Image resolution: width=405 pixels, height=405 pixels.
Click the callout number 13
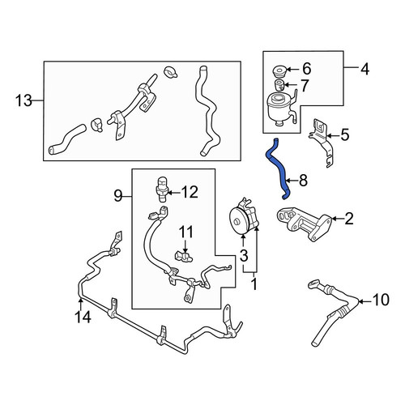click(23, 101)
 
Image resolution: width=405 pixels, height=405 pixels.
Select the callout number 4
click(364, 70)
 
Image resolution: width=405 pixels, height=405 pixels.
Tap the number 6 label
click(307, 69)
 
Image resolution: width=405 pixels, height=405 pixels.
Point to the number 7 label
click(305, 86)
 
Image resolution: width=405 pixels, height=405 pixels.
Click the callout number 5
click(345, 134)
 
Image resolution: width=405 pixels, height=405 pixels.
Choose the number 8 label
click(304, 181)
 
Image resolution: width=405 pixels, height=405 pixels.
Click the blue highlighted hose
click(278, 168)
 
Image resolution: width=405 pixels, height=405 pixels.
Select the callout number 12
click(190, 192)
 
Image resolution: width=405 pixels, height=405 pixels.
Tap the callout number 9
click(118, 196)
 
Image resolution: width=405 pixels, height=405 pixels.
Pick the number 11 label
click(186, 232)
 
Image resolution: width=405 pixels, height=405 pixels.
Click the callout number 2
click(348, 219)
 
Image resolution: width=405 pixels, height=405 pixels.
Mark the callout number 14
click(83, 317)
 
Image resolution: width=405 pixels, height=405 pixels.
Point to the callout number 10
click(381, 300)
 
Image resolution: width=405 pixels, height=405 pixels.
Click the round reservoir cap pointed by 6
click(279, 71)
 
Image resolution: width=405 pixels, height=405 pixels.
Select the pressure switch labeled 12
click(162, 189)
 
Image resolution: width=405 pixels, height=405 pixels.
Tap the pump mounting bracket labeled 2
click(304, 223)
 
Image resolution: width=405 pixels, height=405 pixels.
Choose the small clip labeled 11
click(184, 257)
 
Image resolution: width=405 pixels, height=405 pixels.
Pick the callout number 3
click(244, 256)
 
